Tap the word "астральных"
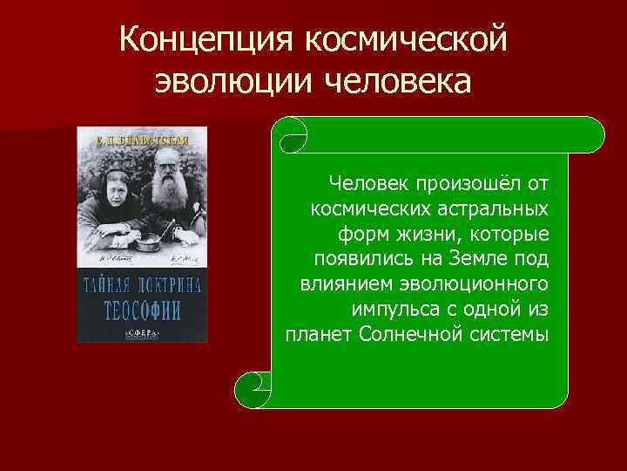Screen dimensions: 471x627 (496, 209)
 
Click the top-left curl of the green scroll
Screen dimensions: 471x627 (291, 134)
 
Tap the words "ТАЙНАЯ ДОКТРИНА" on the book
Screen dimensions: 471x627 (143, 286)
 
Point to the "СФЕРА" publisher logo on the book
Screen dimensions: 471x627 (143, 332)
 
